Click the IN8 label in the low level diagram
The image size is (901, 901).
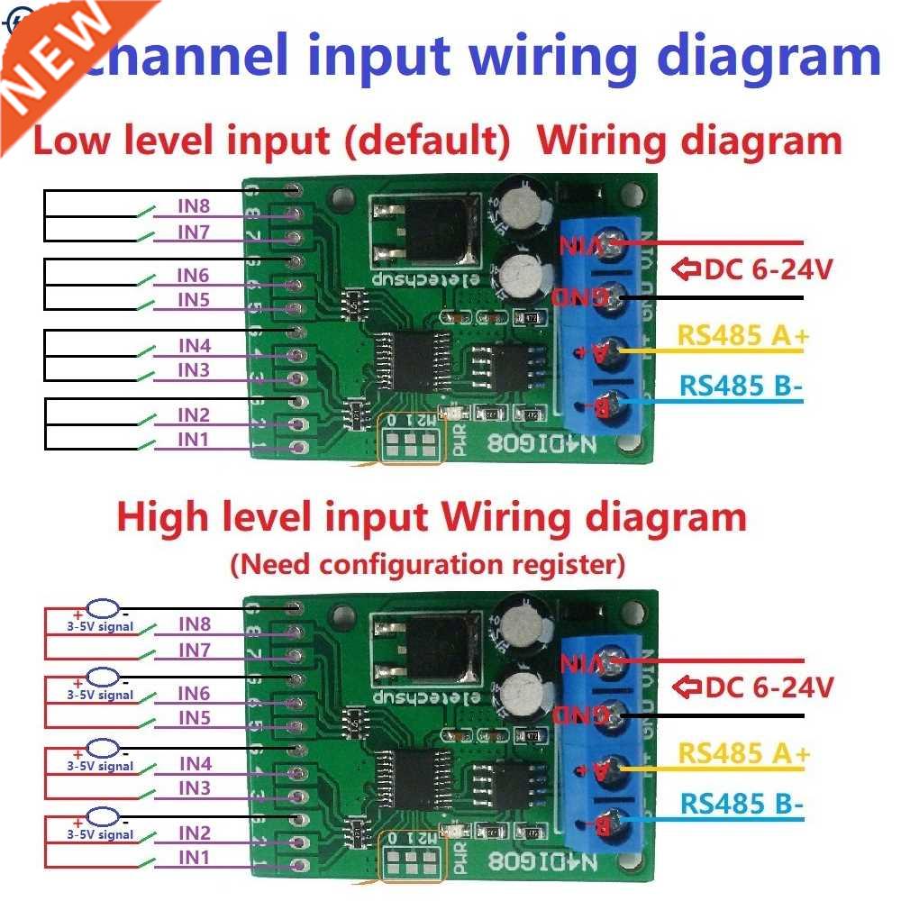pos(194,206)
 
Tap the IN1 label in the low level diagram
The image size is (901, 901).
pos(194,439)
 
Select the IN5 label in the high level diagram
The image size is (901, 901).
pos(194,718)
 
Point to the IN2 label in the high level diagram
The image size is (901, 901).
pos(194,833)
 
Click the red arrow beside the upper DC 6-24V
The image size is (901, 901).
pos(687,268)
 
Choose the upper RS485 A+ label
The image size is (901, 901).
pos(743,336)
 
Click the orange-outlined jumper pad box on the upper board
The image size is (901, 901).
pos(411,444)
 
